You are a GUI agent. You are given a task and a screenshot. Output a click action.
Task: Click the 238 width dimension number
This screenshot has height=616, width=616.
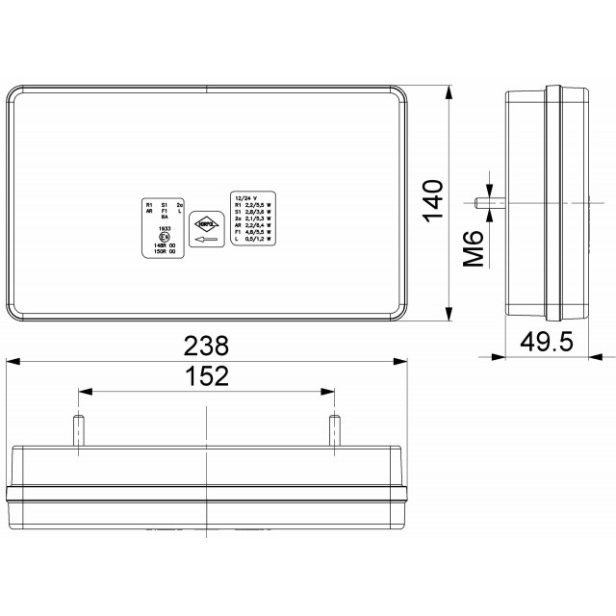point(206,346)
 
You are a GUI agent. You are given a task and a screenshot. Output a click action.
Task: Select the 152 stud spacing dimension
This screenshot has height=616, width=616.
point(206,376)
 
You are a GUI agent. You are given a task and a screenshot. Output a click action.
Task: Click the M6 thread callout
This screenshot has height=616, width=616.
point(473,248)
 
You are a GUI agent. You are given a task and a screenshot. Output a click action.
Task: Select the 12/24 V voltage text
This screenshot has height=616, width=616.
point(244,196)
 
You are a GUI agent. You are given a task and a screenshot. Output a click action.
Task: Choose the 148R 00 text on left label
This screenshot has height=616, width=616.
point(164,246)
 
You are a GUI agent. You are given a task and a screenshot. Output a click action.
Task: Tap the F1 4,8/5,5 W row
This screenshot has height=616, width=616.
point(252,231)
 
